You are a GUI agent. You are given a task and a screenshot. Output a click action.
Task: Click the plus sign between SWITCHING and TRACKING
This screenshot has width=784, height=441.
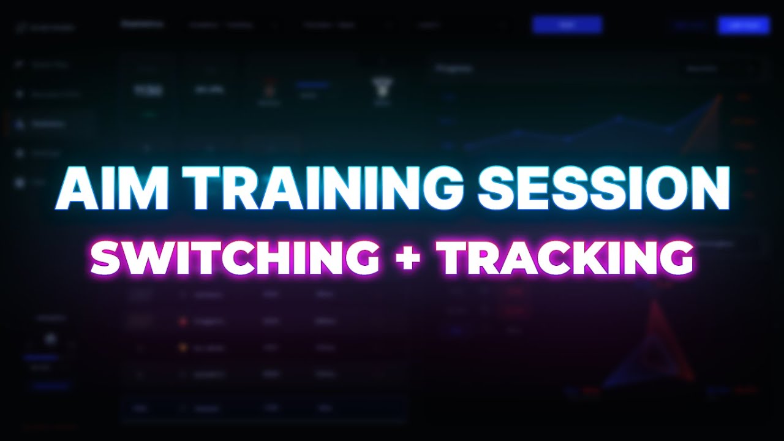407,257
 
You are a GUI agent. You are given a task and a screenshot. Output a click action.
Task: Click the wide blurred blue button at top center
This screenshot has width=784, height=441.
567,24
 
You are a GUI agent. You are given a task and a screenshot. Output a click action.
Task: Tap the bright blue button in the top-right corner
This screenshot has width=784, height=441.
744,25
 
